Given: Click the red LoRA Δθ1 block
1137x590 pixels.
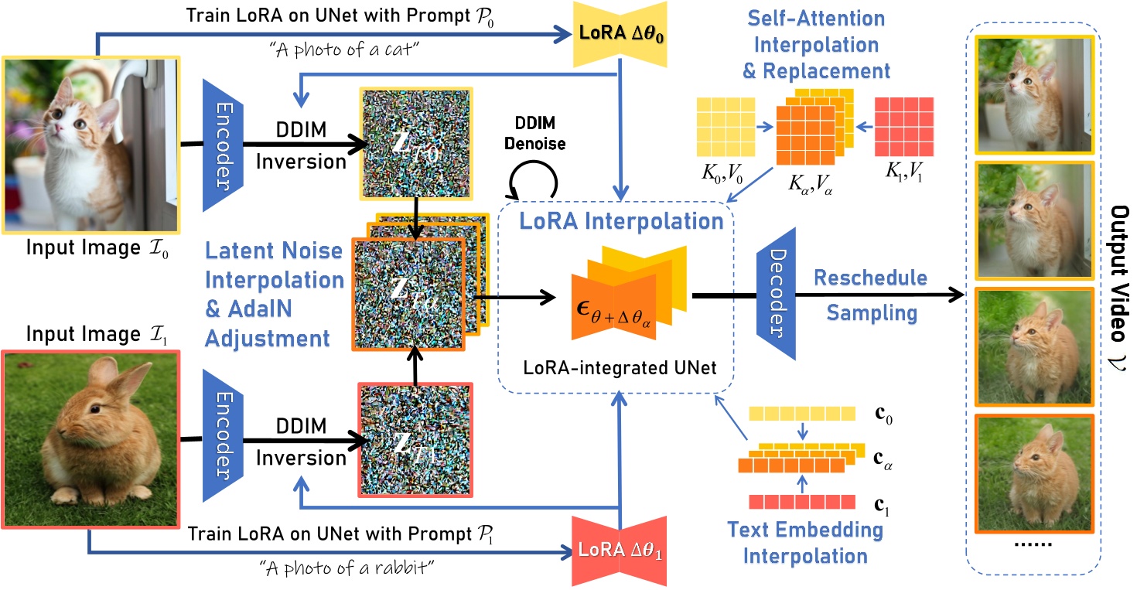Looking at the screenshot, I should click(x=617, y=552).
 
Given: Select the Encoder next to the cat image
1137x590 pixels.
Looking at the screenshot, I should click(x=222, y=144).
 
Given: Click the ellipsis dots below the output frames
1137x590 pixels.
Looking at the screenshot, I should click(x=1034, y=545).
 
